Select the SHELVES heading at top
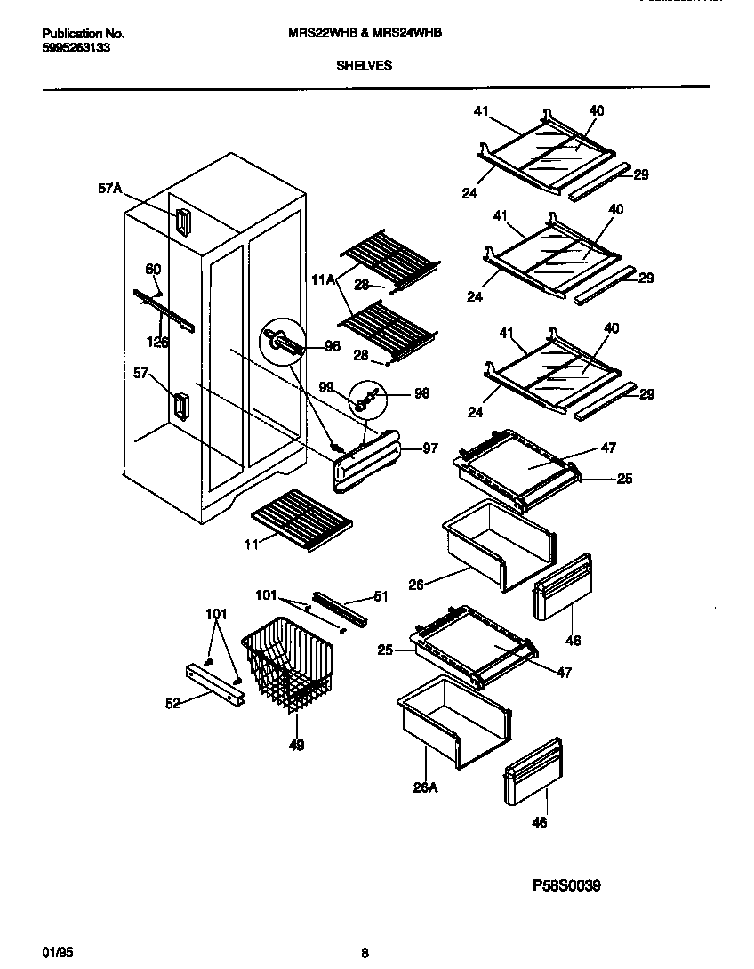tap(365, 65)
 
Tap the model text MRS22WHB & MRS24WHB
tap(365, 33)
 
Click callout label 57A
tap(109, 189)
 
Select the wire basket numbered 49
tap(288, 666)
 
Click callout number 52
tap(172, 703)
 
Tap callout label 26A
tap(424, 786)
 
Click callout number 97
tap(430, 449)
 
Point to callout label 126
tap(157, 341)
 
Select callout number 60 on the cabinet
tap(153, 270)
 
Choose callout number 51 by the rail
tap(381, 597)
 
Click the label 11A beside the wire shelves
tap(324, 279)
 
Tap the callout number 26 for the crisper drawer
tap(416, 585)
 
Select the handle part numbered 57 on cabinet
tap(180, 407)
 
